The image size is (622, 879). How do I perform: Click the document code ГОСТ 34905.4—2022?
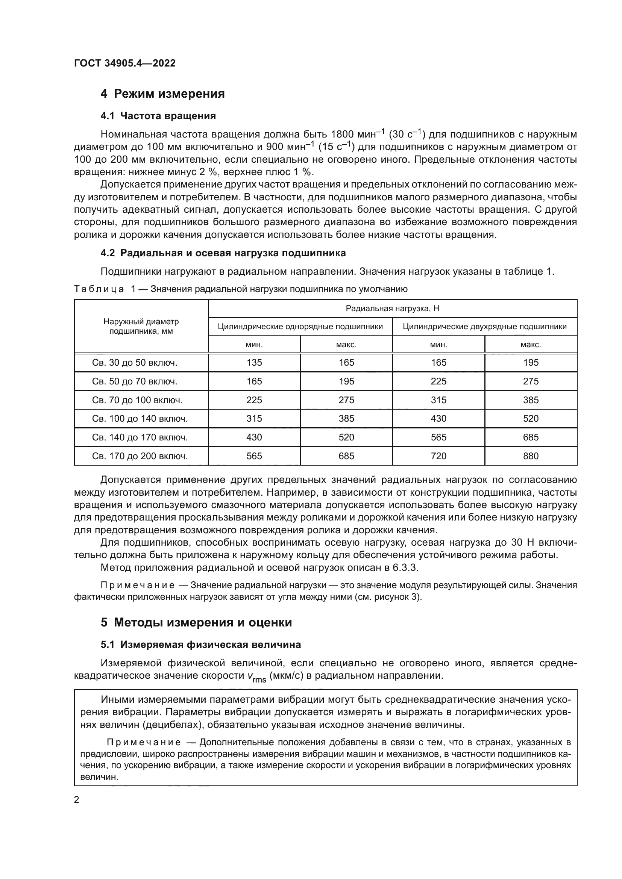pyautogui.click(x=124, y=63)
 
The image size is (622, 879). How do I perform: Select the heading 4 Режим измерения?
pyautogui.click(x=162, y=94)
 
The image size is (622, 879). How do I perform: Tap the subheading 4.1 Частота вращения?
pyautogui.click(x=158, y=116)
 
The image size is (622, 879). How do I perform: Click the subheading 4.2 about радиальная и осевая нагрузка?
pyautogui.click(x=223, y=253)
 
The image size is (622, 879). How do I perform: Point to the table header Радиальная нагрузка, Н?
pyautogui.click(x=392, y=308)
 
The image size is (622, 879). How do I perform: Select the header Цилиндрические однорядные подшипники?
pyautogui.click(x=300, y=327)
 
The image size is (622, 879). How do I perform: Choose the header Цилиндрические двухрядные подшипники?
pyautogui.click(x=484, y=327)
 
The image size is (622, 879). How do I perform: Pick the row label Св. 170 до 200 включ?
pyautogui.click(x=140, y=456)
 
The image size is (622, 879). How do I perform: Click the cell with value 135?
pyautogui.click(x=254, y=363)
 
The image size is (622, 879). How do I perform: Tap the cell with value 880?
pyautogui.click(x=531, y=456)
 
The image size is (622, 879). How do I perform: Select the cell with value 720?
pyautogui.click(x=438, y=456)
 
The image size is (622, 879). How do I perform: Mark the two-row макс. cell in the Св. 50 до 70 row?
pyautogui.click(x=531, y=381)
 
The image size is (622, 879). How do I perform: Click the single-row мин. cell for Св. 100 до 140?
pyautogui.click(x=254, y=418)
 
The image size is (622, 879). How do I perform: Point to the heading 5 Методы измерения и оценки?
pyautogui.click(x=196, y=622)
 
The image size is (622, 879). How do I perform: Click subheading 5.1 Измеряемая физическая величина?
pyautogui.click(x=201, y=644)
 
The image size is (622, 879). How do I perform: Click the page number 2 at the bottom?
pyautogui.click(x=77, y=799)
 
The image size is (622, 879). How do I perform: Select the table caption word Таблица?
pyautogui.click(x=99, y=289)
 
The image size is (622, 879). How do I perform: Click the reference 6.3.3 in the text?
pyautogui.click(x=405, y=567)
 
